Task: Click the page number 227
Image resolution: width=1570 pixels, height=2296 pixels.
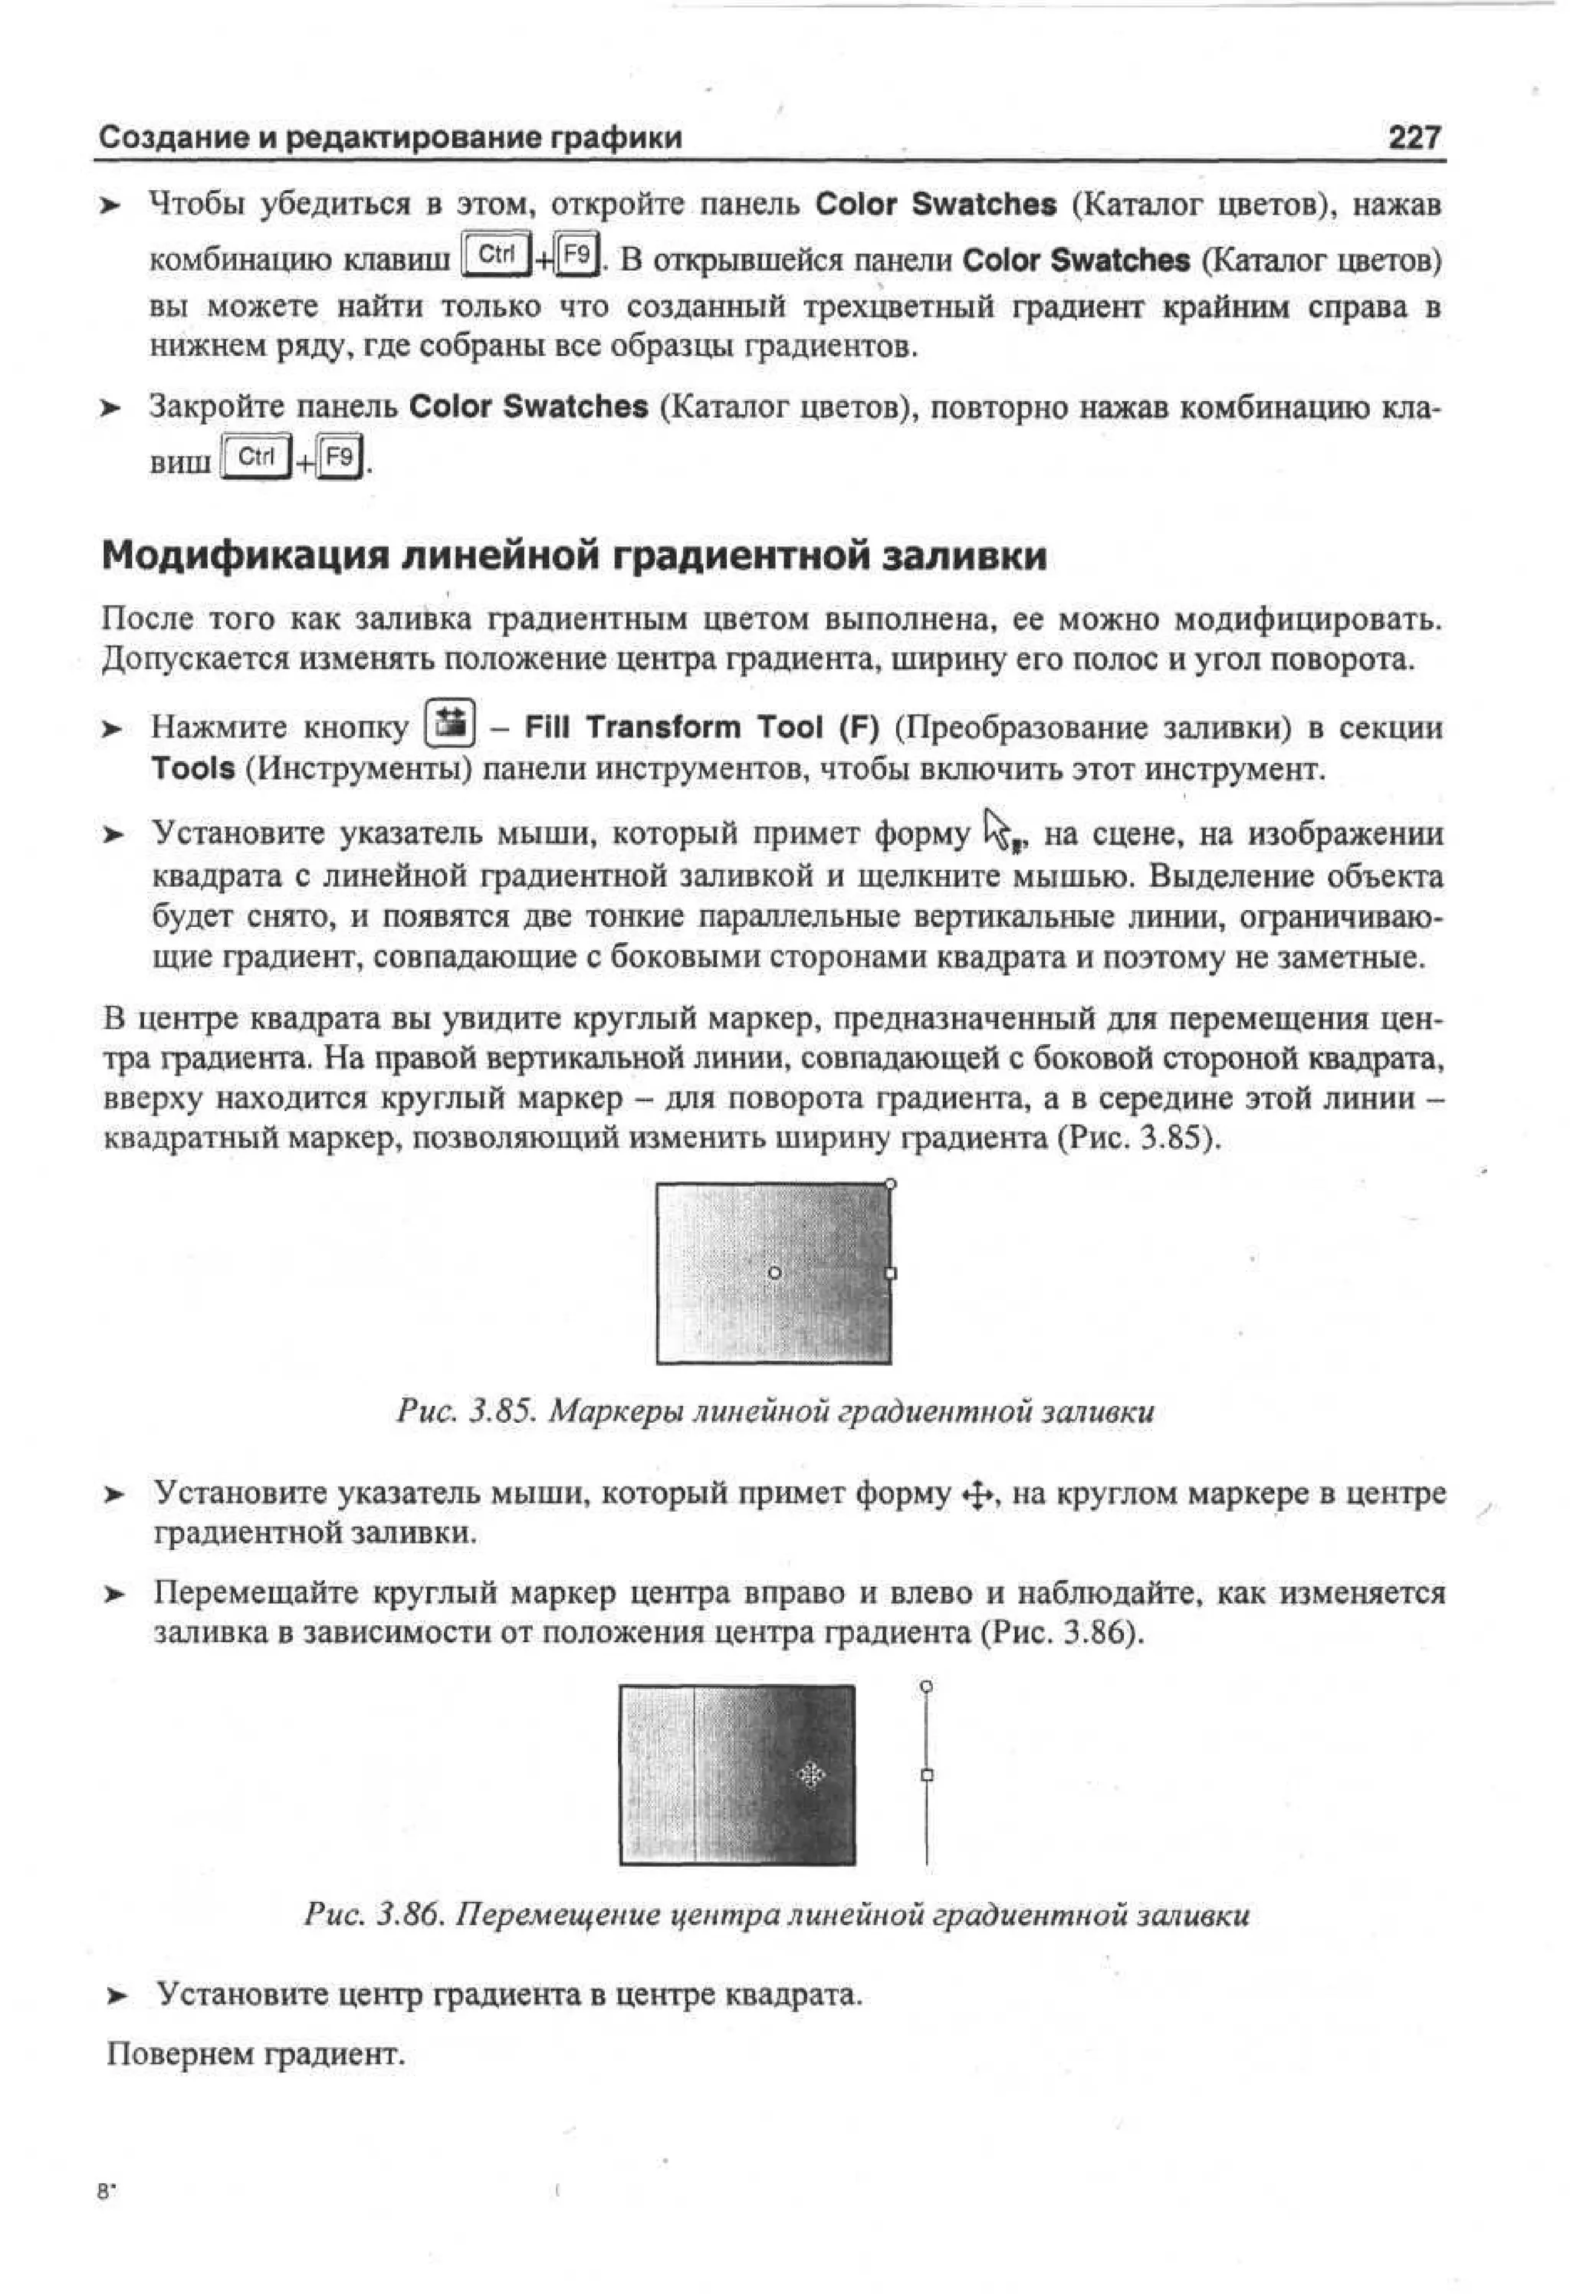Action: point(1414,137)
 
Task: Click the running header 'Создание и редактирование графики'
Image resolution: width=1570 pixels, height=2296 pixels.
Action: point(391,137)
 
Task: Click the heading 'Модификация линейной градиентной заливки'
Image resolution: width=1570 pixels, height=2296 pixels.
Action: point(574,557)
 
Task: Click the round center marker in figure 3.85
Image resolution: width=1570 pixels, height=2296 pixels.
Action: point(774,1273)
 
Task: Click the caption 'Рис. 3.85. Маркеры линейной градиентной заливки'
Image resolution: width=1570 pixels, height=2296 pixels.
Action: point(774,1411)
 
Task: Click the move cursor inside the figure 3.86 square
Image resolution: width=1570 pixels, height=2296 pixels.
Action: point(810,1775)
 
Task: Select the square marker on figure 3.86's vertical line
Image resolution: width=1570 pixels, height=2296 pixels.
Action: point(926,1775)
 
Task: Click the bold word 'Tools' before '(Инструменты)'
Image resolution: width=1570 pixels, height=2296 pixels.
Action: point(192,769)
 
